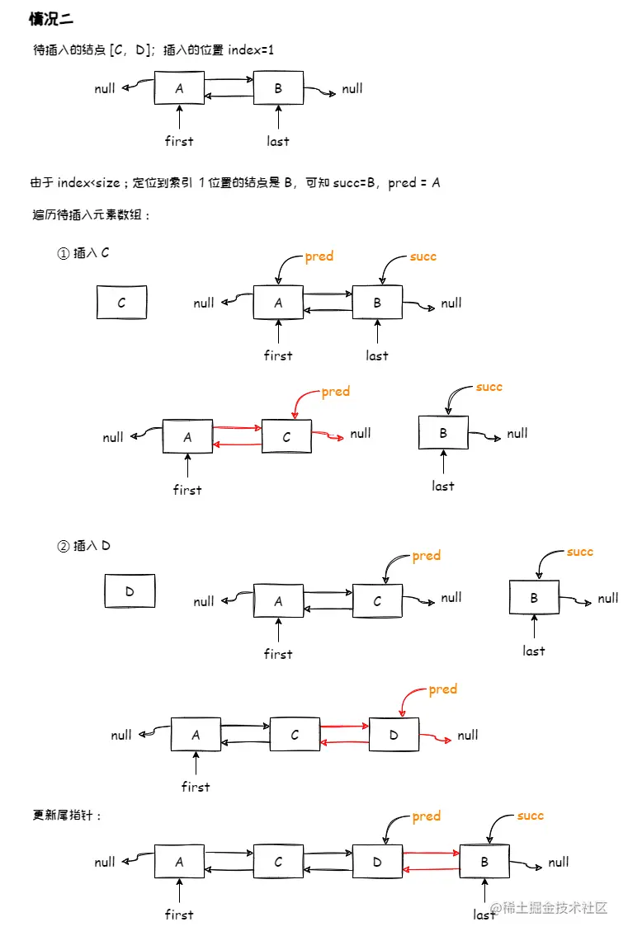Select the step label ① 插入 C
pyautogui.click(x=83, y=253)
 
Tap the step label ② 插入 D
pyautogui.click(x=83, y=545)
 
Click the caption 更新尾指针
pyautogui.click(x=67, y=815)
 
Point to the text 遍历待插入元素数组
pyautogui.click(x=92, y=215)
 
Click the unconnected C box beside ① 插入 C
pyautogui.click(x=121, y=303)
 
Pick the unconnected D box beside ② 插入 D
pyautogui.click(x=130, y=591)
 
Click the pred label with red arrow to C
pyautogui.click(x=335, y=392)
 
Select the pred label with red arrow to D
pyautogui.click(x=442, y=689)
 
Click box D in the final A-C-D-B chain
pyautogui.click(x=377, y=862)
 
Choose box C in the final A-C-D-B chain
pyautogui.click(x=278, y=862)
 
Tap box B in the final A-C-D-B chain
pyautogui.click(x=484, y=862)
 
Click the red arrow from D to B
pyautogui.click(x=431, y=854)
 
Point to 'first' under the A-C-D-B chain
pyautogui.click(x=179, y=914)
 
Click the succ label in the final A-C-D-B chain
pyautogui.click(x=530, y=816)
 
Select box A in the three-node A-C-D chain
pyautogui.click(x=196, y=734)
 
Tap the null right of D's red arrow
pyautogui.click(x=468, y=735)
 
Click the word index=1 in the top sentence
pyautogui.click(x=251, y=50)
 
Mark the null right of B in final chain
pyautogui.click(x=559, y=862)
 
